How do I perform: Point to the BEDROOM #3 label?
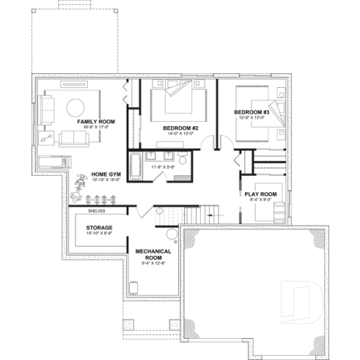[x=252, y=112]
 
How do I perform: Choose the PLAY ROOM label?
[x=260, y=194]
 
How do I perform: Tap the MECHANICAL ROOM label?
[x=153, y=254]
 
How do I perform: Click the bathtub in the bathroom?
[x=136, y=166]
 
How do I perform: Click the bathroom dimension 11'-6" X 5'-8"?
[x=163, y=168]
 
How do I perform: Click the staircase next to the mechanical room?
[x=192, y=215]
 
